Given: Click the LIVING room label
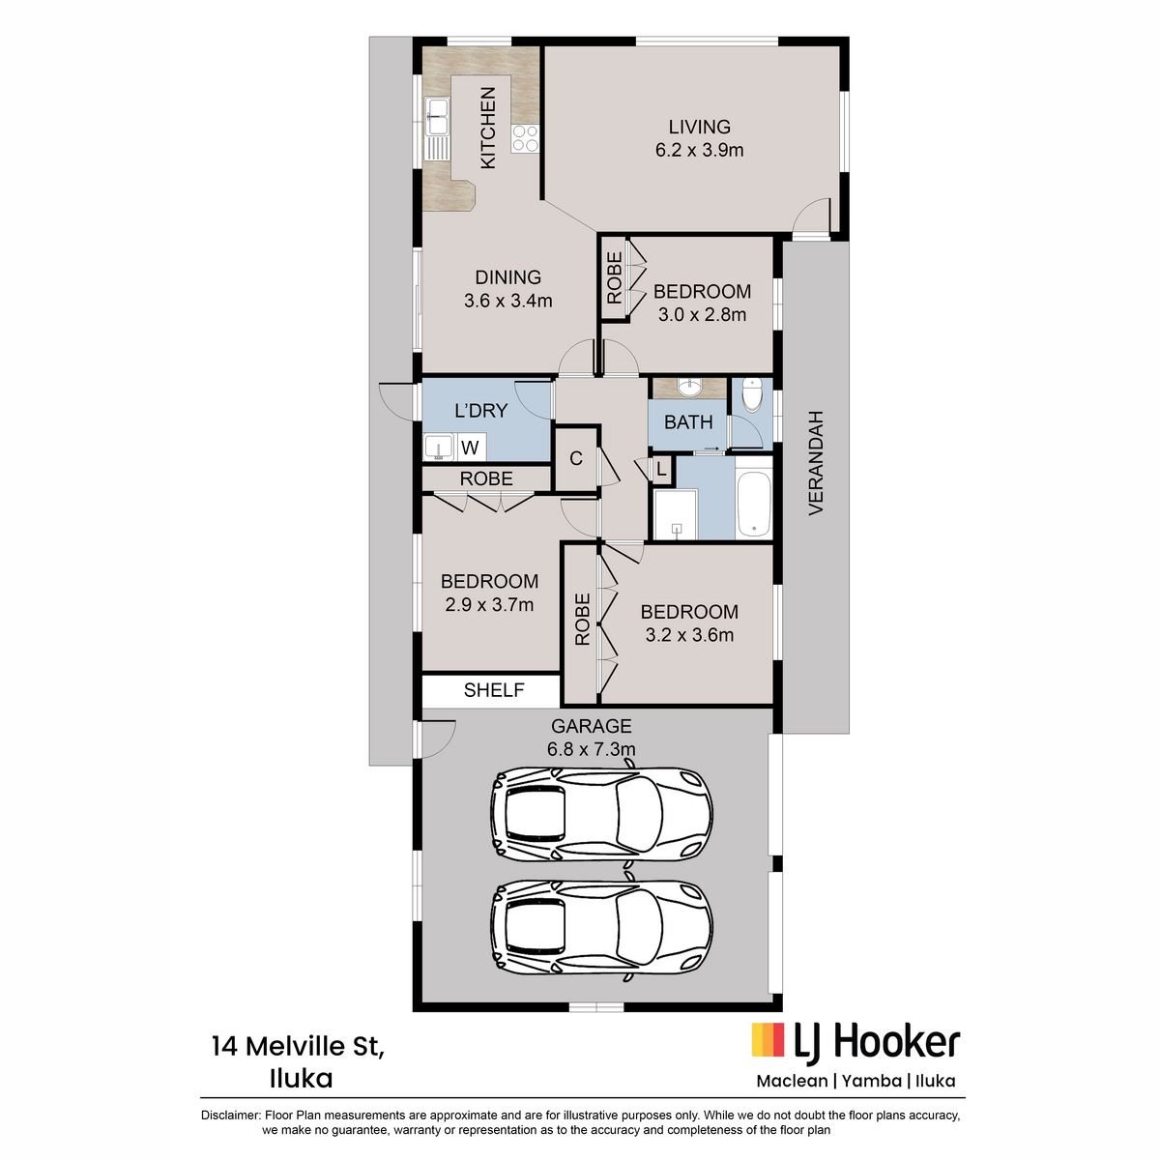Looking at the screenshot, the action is (x=699, y=127).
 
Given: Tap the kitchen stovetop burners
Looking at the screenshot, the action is (x=525, y=138).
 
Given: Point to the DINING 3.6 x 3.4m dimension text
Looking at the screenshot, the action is (x=508, y=301).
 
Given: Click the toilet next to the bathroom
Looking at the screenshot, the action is (x=752, y=394).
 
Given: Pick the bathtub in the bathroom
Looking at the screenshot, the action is (x=754, y=504).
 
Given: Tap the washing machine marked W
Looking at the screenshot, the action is (x=470, y=448).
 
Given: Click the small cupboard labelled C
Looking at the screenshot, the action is (x=576, y=459).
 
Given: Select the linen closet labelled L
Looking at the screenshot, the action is (x=661, y=469).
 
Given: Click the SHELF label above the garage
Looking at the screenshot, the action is (x=494, y=690).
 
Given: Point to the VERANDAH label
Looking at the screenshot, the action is (x=815, y=463).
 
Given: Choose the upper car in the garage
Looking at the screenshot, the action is (x=601, y=816).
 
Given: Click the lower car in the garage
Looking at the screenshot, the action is (x=601, y=928).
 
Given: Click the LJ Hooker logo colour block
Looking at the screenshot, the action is (x=768, y=1039).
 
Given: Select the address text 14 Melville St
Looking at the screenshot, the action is (x=299, y=1047).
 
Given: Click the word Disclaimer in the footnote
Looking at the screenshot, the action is (x=230, y=1116).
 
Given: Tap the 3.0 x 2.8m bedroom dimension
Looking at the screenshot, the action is (x=702, y=314).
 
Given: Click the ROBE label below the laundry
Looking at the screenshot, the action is (x=486, y=478).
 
